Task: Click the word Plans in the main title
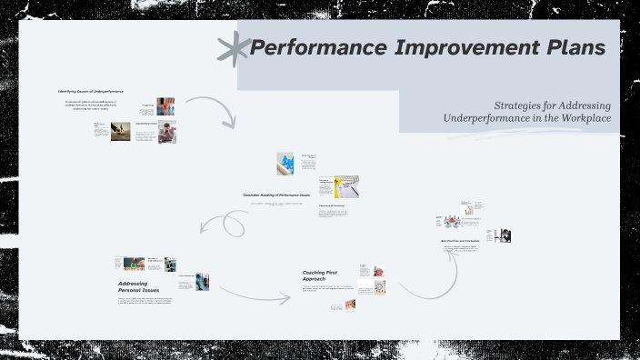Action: pos(571,48)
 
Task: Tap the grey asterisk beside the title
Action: pos(234,48)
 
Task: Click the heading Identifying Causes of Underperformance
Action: pos(91,92)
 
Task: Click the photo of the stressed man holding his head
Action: pos(166,132)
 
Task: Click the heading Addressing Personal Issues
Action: pos(133,287)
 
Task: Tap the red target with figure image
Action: pos(379,271)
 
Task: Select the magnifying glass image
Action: pos(379,288)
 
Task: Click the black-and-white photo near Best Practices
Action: pos(502,235)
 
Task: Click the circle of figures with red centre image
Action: pos(450,220)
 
